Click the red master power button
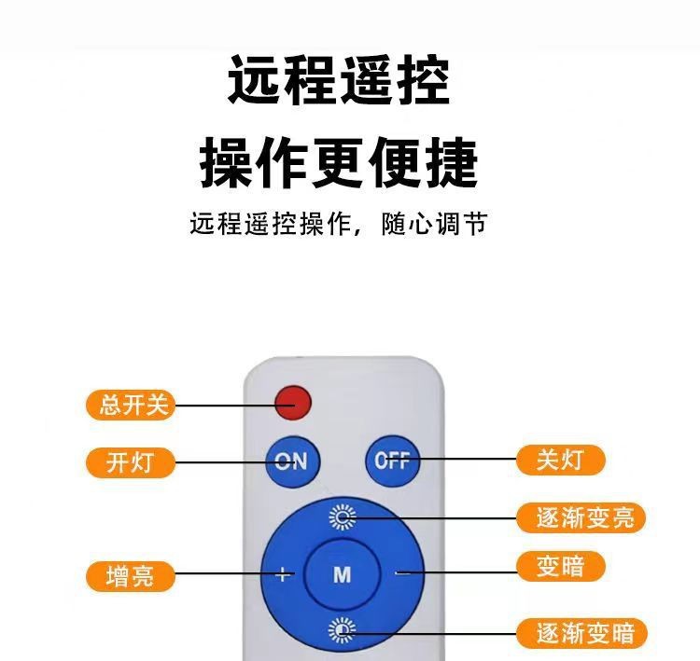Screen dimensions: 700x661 click(293, 403)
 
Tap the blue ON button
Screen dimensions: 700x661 click(293, 461)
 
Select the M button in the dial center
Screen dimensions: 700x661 click(342, 574)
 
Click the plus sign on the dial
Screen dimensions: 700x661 click(283, 574)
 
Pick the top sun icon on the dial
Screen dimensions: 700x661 click(343, 517)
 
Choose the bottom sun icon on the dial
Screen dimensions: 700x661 click(342, 630)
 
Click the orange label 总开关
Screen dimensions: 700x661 click(130, 405)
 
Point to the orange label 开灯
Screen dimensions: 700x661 click(130, 462)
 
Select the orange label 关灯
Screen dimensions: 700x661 click(561, 460)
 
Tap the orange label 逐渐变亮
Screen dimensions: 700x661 click(581, 517)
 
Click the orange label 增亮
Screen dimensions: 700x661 click(130, 576)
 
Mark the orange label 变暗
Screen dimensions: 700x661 click(561, 567)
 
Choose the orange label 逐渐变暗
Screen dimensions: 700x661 click(581, 633)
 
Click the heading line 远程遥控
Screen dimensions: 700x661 click(339, 80)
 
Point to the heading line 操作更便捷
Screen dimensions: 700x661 click(339, 162)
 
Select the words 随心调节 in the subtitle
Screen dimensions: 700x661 click(434, 224)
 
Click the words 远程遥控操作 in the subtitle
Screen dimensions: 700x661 click(270, 224)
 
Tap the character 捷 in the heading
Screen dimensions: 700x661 click(452, 162)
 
